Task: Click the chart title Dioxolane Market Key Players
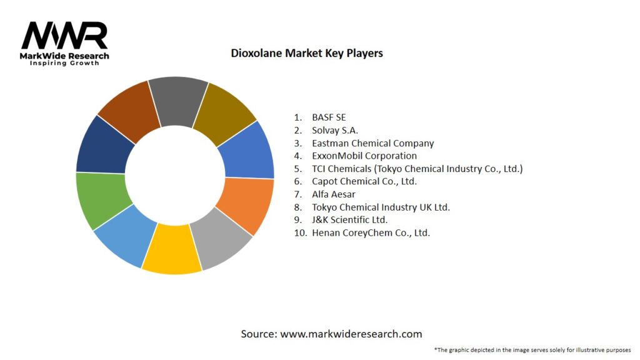click(x=307, y=53)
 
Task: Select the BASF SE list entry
click(x=329, y=117)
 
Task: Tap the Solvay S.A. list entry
click(x=335, y=131)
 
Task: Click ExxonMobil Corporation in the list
click(x=364, y=156)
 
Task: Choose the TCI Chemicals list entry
click(x=417, y=169)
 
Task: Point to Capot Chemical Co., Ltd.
click(x=364, y=181)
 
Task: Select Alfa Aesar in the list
click(x=334, y=194)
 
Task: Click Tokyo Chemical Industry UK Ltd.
click(x=381, y=207)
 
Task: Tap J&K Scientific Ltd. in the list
click(x=350, y=220)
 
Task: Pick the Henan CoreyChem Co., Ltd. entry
click(x=371, y=232)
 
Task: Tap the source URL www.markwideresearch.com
click(x=351, y=334)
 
